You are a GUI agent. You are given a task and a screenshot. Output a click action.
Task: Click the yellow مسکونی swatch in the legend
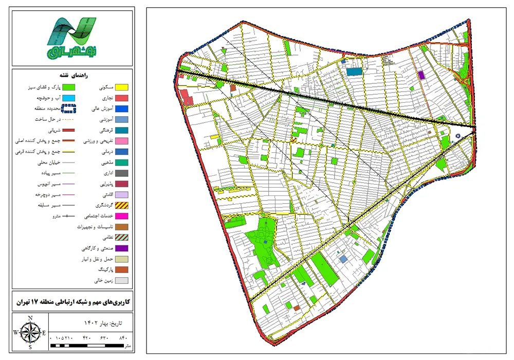pyautogui.click(x=120, y=88)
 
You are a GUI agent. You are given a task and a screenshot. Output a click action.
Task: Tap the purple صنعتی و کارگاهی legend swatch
pyautogui.click(x=120, y=248)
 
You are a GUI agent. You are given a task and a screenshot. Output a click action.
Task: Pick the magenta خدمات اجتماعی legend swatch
pyautogui.click(x=120, y=216)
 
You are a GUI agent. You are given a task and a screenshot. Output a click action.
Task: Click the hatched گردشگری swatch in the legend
pyautogui.click(x=120, y=205)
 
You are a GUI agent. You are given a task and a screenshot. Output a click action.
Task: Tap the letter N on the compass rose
pyautogui.click(x=30, y=317)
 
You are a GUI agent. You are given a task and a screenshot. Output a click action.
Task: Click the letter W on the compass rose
pyautogui.click(x=16, y=332)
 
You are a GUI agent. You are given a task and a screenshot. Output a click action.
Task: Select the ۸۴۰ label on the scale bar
pyautogui.click(x=122, y=337)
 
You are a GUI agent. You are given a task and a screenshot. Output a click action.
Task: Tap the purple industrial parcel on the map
pyautogui.click(x=422, y=75)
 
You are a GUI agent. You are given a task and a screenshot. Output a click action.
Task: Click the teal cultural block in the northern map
pyautogui.click(x=354, y=71)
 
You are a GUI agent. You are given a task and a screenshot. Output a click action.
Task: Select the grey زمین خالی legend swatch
pyautogui.click(x=120, y=281)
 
